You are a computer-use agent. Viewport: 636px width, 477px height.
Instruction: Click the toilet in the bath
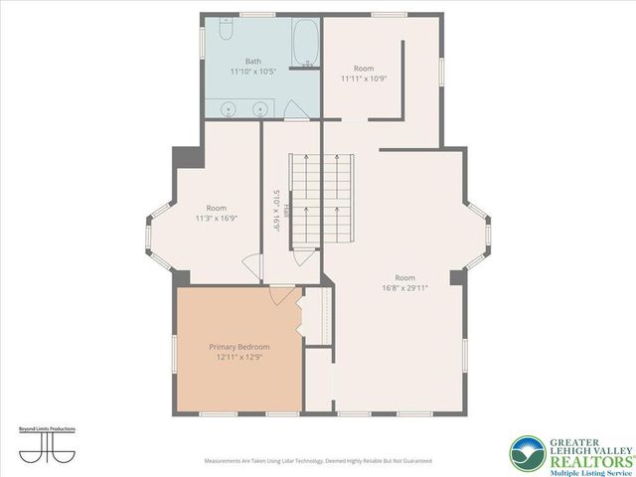pos(227,33)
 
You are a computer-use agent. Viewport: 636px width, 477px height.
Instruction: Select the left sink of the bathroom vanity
pos(229,108)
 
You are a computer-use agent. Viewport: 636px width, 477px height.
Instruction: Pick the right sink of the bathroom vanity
pos(260,108)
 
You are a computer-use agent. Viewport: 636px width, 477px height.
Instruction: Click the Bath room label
pos(253,61)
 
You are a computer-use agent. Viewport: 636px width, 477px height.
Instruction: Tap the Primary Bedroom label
pos(239,347)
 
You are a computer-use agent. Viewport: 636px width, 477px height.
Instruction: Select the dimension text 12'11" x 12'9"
pos(239,358)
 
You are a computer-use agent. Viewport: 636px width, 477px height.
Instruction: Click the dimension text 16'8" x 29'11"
pos(404,288)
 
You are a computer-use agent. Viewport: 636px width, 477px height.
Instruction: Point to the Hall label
pos(285,210)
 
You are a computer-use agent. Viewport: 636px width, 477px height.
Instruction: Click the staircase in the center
pos(321,204)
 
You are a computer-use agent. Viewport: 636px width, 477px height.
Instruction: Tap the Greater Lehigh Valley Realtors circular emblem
pos(528,454)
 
